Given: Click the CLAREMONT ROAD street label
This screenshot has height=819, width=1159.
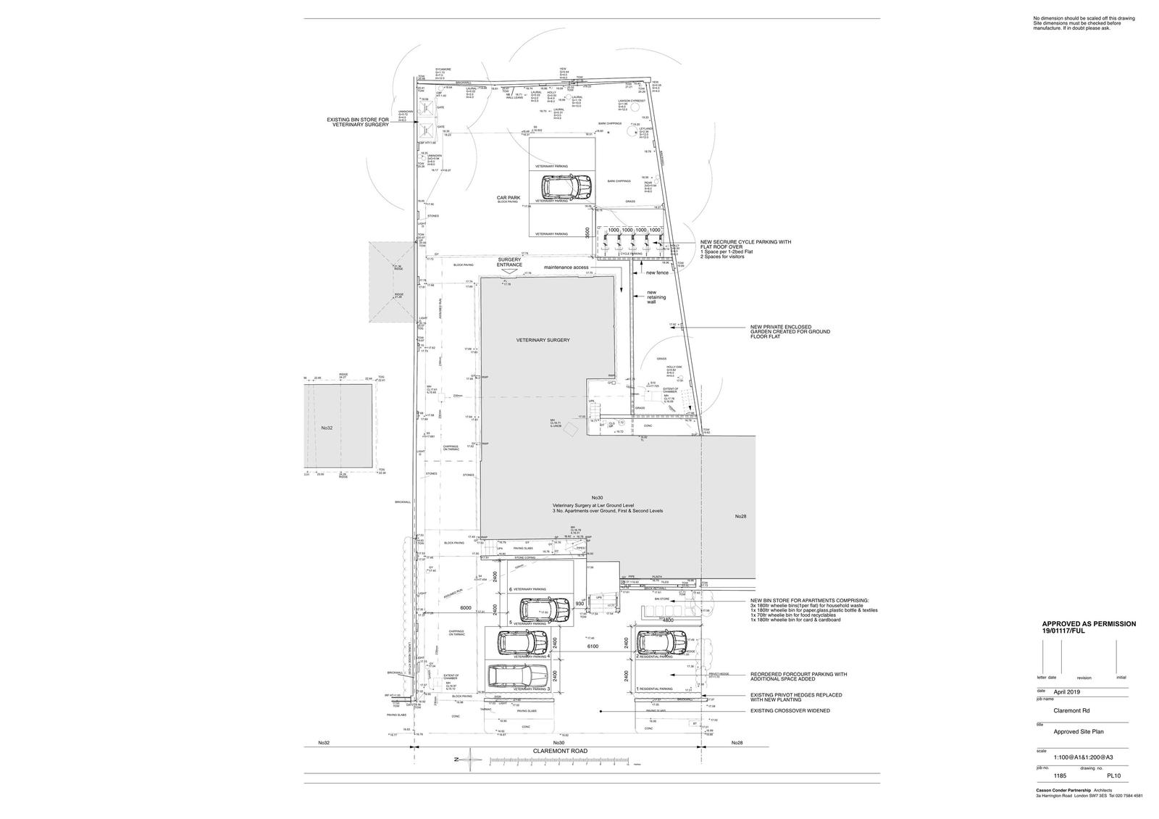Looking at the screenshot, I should click(559, 752).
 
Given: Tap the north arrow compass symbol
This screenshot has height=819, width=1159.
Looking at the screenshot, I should click(470, 759).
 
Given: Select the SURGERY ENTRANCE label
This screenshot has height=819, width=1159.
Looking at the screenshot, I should click(509, 262).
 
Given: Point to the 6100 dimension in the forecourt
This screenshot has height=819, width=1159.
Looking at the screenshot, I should click(591, 647).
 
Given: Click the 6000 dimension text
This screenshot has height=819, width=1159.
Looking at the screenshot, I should click(465, 608).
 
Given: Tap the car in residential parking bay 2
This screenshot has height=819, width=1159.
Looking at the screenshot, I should click(661, 642).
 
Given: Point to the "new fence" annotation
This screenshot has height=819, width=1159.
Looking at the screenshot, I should click(657, 273).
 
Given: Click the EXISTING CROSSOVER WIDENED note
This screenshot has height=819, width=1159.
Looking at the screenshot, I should click(790, 711).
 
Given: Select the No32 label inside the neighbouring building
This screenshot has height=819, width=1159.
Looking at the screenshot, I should click(327, 428).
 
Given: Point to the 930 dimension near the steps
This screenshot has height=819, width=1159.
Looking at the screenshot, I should click(579, 604).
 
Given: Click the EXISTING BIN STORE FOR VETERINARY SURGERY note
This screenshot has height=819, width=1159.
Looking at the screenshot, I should click(358, 122).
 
